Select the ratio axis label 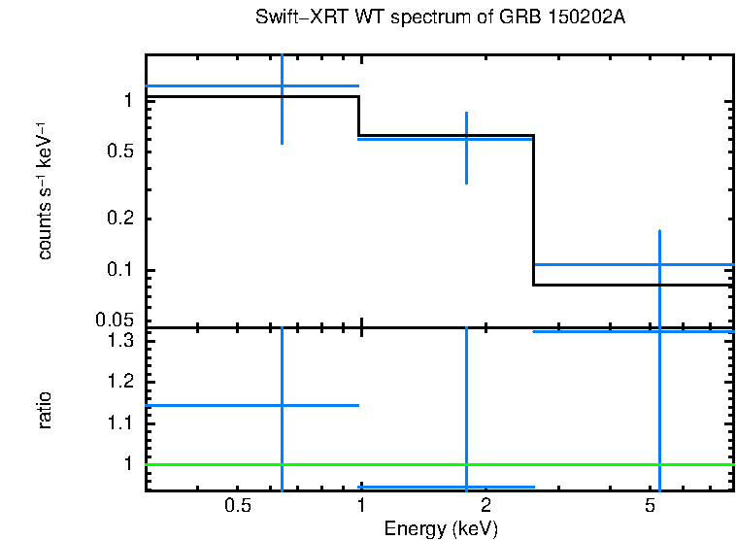[x=45, y=409]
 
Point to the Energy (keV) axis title [x=441, y=528]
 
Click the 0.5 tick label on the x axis [x=238, y=506]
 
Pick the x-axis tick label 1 [x=360, y=506]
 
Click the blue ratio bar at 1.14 [x=214, y=405]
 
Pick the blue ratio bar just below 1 [x=408, y=487]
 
